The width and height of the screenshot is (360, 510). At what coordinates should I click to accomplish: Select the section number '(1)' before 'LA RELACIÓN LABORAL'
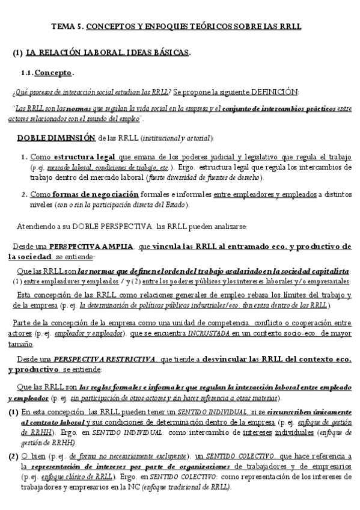(17, 53)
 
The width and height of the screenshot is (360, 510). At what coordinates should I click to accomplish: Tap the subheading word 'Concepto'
(53, 73)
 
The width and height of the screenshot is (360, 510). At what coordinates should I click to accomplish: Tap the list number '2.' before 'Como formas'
(24, 194)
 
